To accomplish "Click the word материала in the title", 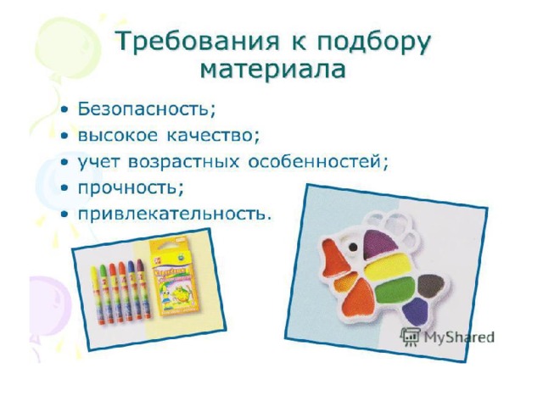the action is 273,70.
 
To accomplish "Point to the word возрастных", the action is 183,162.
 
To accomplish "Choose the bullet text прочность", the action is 131,188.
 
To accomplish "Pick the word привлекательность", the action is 173,214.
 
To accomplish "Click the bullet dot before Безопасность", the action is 64,110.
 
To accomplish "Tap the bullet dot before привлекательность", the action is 64,215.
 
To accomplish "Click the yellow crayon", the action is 97,294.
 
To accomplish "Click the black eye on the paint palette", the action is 353,247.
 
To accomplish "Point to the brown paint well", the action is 430,286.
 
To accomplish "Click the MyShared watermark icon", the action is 410,337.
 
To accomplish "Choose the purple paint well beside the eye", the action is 379,243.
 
